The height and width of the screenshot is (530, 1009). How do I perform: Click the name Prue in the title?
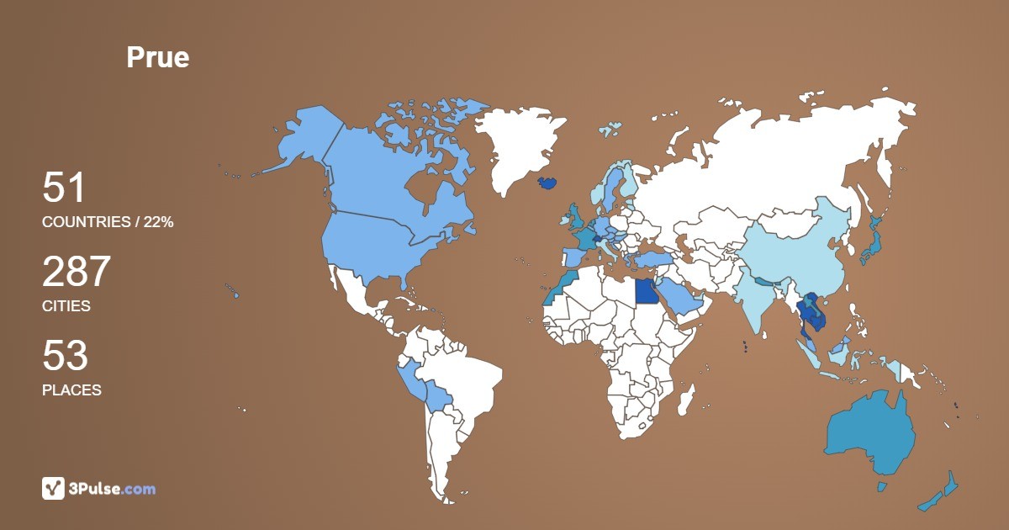click(158, 57)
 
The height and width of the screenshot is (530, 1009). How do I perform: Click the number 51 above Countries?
click(64, 188)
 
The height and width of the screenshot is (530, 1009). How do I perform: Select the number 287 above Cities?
click(77, 273)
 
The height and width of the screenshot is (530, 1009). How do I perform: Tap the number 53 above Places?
click(65, 357)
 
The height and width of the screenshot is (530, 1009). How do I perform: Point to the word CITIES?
click(66, 306)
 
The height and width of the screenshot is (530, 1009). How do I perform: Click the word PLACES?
click(71, 390)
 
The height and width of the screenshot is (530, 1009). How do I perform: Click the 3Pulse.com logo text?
click(113, 489)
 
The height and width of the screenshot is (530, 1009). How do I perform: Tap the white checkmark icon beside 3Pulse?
click(53, 488)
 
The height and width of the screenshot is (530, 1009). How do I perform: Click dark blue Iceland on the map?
click(547, 183)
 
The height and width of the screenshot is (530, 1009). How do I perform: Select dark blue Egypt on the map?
click(647, 291)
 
